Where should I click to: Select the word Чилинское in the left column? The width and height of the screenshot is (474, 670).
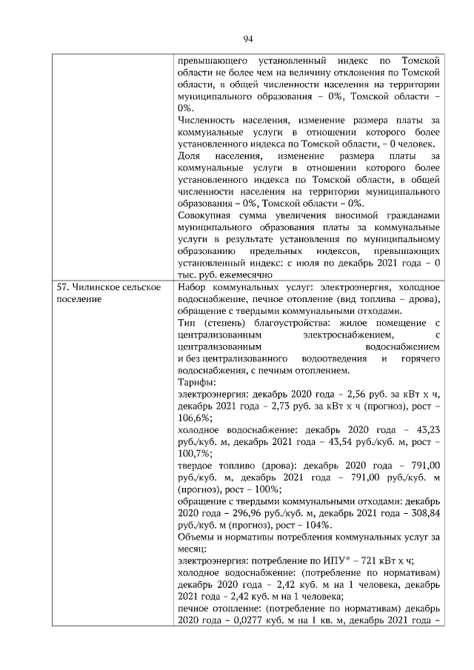pos(99,287)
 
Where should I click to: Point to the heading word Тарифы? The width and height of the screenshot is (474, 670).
pos(197,382)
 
